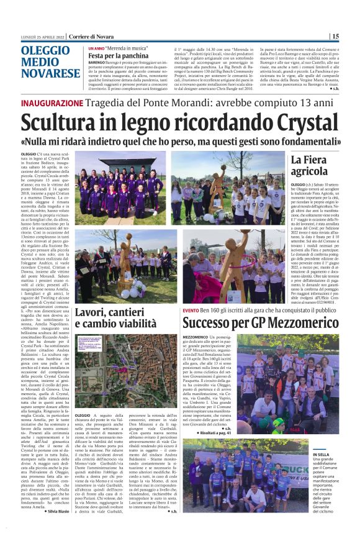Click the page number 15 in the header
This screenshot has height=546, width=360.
(x=352, y=36)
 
